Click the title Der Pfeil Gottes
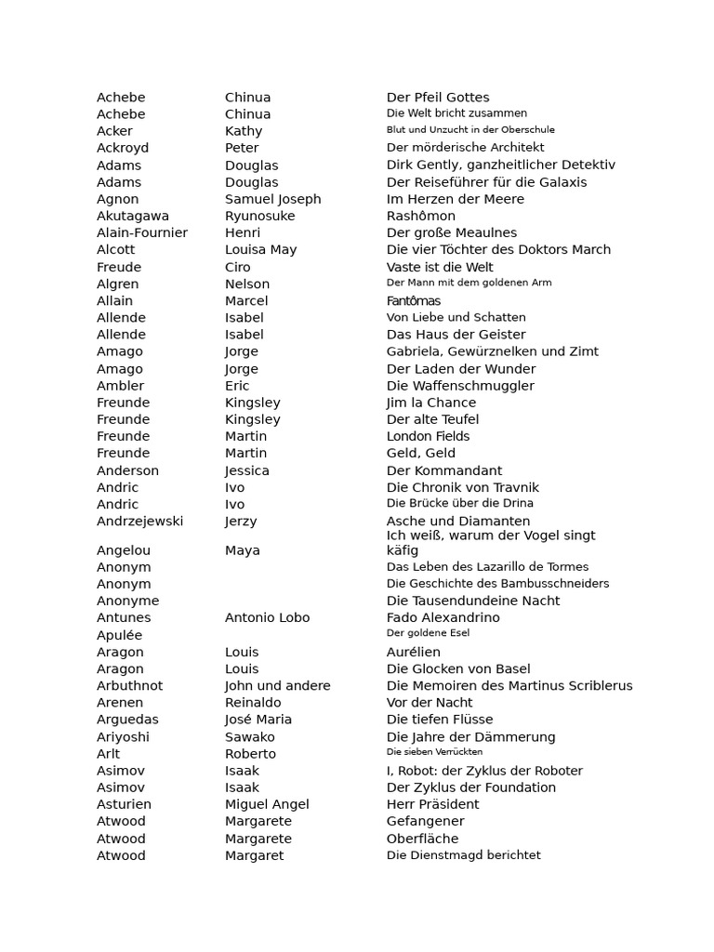pos(437,98)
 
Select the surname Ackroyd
pos(123,148)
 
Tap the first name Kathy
pos(244,131)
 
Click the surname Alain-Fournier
pos(142,232)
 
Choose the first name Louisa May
pos(260,249)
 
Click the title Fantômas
pos(414,300)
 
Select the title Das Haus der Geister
pos(456,335)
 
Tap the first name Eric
pos(237,386)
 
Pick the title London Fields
pos(428,436)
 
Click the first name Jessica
pos(246,470)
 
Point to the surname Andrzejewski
pos(139,522)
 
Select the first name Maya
pos(242,550)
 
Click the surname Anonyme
pos(127,601)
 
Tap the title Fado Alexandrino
pos(443,617)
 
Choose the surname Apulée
pos(120,635)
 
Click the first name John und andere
pos(277,686)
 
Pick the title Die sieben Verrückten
pos(434,752)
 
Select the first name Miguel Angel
pos(267,804)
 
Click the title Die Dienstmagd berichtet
pos(463,855)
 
